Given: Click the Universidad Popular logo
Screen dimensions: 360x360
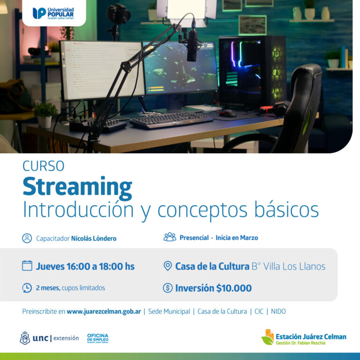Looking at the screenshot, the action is click(53, 13).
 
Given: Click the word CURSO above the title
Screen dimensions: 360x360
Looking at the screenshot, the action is click(44, 166).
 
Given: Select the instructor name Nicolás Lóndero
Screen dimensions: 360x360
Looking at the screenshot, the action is click(94, 238).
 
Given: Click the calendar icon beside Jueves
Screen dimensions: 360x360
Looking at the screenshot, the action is click(27, 266).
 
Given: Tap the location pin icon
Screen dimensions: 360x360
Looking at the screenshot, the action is click(168, 266).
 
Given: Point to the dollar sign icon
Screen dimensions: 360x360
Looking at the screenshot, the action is click(168, 288).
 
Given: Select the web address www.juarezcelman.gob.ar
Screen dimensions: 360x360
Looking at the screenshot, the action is click(104, 311).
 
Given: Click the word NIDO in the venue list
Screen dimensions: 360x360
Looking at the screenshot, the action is click(278, 311).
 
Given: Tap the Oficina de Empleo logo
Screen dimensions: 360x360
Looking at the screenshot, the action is click(98, 338).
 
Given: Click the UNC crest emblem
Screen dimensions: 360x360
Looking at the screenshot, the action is click(25, 338).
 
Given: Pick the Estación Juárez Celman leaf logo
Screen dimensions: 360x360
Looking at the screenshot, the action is click(268, 337).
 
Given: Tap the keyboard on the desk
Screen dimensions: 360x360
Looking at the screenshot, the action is click(171, 120).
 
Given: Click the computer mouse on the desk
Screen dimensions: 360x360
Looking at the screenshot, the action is click(227, 113).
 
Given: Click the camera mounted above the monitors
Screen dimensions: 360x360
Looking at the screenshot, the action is click(118, 14).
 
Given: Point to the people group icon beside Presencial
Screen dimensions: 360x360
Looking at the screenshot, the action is click(170, 237).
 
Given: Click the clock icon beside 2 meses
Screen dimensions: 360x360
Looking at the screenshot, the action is click(27, 288).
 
